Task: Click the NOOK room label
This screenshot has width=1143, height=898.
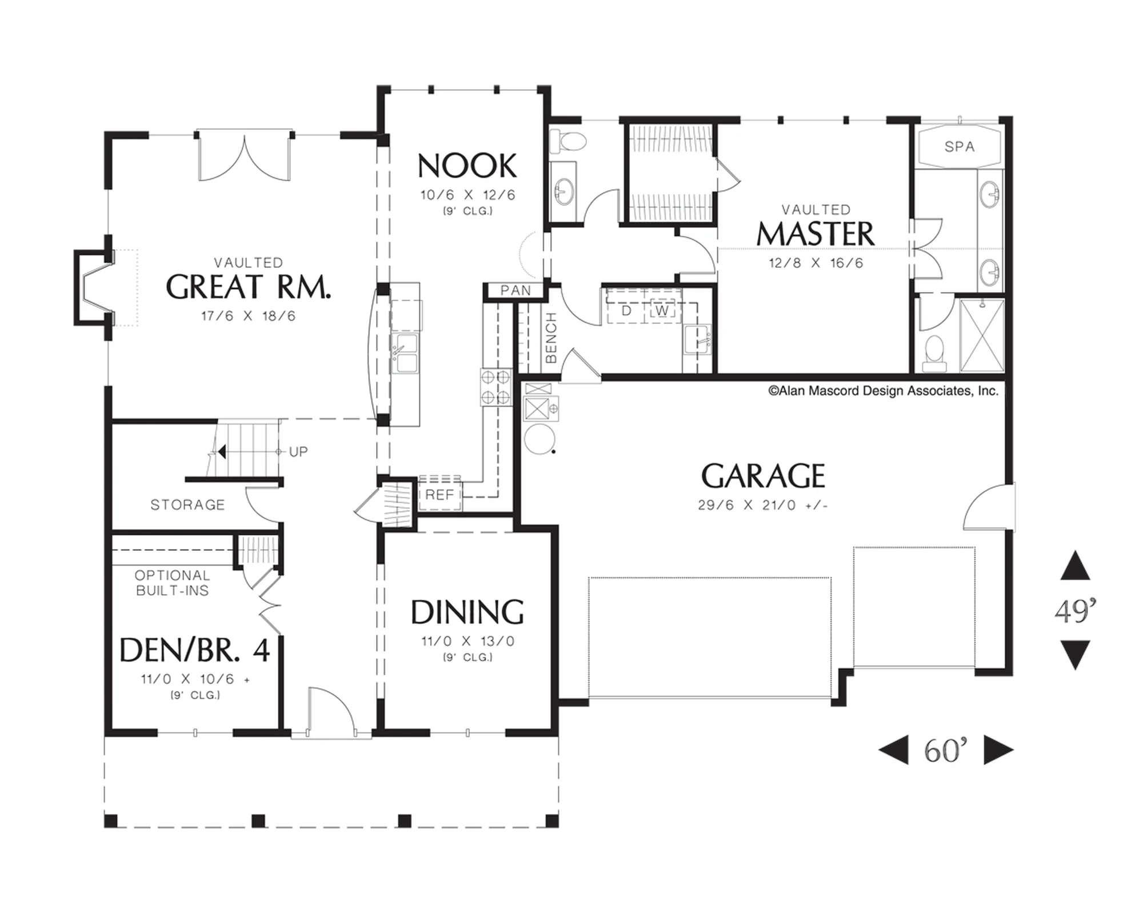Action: pyautogui.click(x=467, y=166)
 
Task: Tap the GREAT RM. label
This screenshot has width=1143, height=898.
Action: pyautogui.click(x=248, y=287)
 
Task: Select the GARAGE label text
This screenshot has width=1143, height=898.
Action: pyautogui.click(x=763, y=476)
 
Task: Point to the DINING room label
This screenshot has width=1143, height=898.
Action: pyautogui.click(x=467, y=612)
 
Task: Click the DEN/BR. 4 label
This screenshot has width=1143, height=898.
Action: pyautogui.click(x=194, y=650)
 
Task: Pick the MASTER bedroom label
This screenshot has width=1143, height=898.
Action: pyautogui.click(x=816, y=234)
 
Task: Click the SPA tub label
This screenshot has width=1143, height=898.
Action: pyautogui.click(x=960, y=147)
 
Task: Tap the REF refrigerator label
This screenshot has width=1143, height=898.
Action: pyautogui.click(x=439, y=495)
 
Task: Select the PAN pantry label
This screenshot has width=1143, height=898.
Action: pyautogui.click(x=515, y=291)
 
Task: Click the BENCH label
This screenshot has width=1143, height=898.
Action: pyautogui.click(x=551, y=338)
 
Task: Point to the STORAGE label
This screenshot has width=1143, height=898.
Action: pyautogui.click(x=187, y=505)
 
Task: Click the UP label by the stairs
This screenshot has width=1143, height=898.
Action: pyautogui.click(x=298, y=452)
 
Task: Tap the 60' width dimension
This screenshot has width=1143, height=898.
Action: pyautogui.click(x=946, y=750)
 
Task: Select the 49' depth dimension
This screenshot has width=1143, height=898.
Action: pyautogui.click(x=1076, y=611)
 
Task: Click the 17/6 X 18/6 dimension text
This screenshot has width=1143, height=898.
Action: pyautogui.click(x=248, y=316)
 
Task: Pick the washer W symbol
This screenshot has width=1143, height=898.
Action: pyautogui.click(x=662, y=311)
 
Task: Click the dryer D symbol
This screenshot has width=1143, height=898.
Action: pyautogui.click(x=626, y=311)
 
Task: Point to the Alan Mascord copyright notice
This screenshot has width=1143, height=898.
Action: pyautogui.click(x=884, y=391)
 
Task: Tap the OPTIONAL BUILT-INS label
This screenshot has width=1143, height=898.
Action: pyautogui.click(x=172, y=583)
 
